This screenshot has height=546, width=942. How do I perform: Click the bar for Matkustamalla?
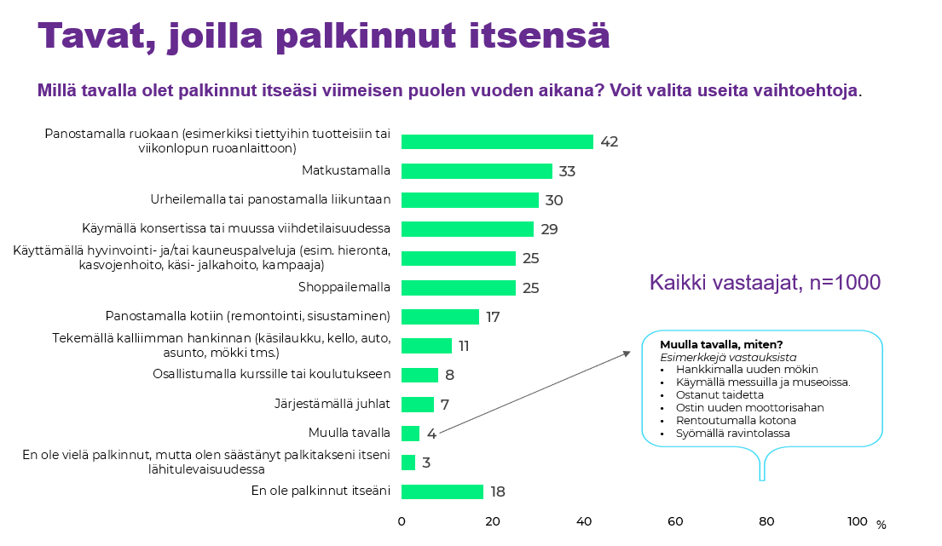click(x=477, y=171)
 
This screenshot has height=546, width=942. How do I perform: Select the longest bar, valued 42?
click(x=497, y=141)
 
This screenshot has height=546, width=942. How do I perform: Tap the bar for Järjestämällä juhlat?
click(x=418, y=404)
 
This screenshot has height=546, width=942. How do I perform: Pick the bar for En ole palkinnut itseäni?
click(x=442, y=491)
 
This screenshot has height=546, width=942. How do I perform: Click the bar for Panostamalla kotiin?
click(x=440, y=317)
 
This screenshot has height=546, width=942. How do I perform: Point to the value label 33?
click(x=567, y=171)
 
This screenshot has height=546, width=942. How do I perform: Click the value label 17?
click(x=492, y=317)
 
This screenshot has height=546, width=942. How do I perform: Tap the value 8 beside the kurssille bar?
click(x=449, y=375)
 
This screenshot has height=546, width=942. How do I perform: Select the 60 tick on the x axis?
click(x=675, y=521)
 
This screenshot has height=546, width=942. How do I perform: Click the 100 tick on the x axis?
click(x=858, y=521)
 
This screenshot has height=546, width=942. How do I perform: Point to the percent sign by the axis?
click(x=881, y=525)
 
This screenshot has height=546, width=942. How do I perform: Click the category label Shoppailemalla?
click(x=344, y=287)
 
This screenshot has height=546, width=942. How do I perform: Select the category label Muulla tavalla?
click(x=350, y=433)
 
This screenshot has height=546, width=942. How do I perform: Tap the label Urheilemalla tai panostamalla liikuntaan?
click(x=271, y=200)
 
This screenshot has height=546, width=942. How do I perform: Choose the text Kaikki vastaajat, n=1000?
click(x=765, y=282)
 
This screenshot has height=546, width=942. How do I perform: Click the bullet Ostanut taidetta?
click(x=720, y=395)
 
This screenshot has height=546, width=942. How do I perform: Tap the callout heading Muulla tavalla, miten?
click(x=720, y=345)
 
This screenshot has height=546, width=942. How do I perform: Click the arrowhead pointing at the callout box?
click(x=627, y=353)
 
